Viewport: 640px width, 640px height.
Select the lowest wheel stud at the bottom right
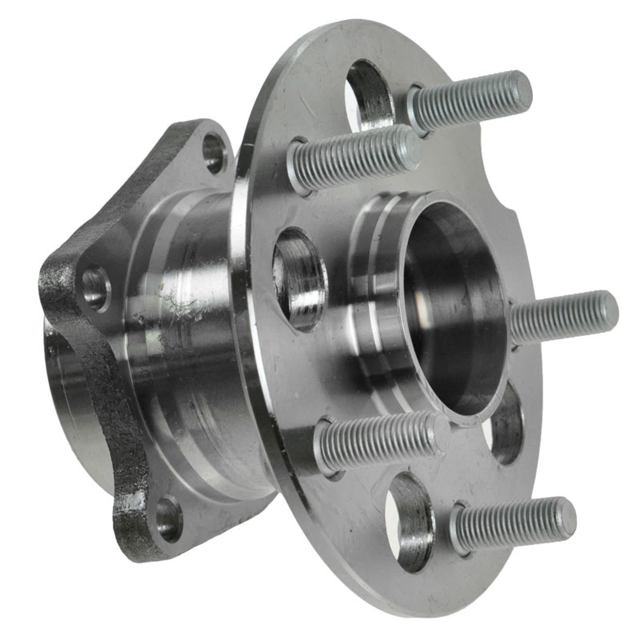coord(512,520)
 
